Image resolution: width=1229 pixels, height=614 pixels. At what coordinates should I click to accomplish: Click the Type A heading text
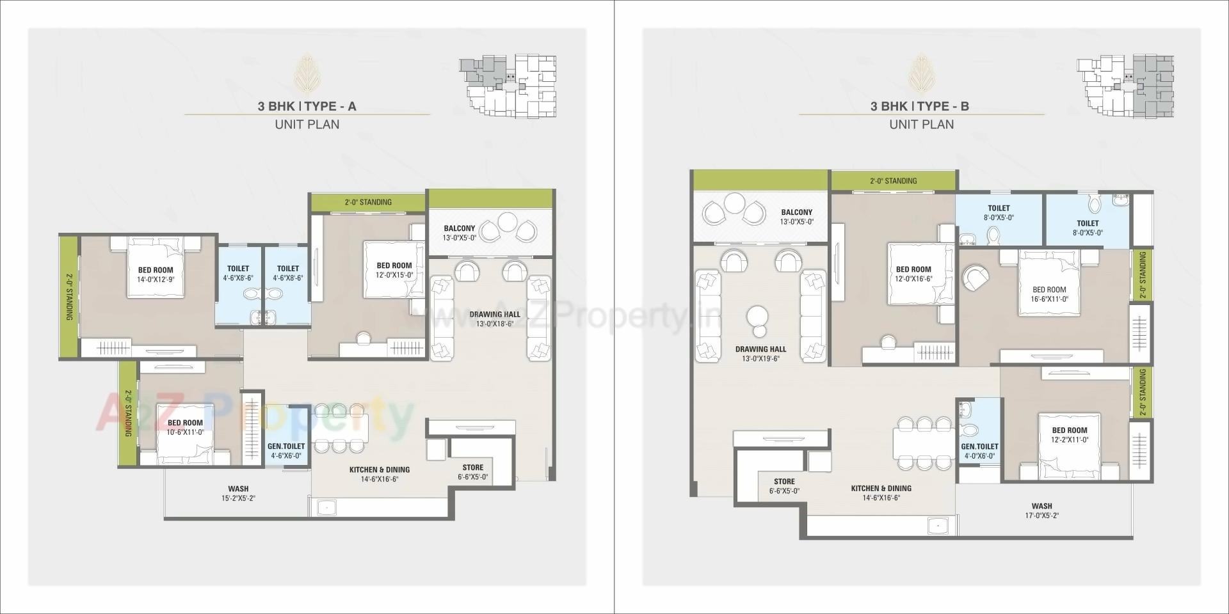(307, 106)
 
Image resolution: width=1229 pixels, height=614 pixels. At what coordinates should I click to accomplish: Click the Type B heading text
(919, 106)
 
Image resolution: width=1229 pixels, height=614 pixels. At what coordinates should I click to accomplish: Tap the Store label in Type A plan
(473, 468)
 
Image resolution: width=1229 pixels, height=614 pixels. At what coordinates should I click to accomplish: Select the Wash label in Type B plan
(1041, 506)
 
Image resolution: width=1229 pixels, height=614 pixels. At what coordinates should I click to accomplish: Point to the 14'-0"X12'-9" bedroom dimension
(156, 279)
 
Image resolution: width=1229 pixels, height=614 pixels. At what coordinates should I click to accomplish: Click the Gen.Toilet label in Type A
(286, 446)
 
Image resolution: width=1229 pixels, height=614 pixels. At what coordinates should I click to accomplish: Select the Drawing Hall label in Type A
(495, 314)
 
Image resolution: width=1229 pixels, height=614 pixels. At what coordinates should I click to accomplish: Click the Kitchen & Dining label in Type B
(881, 488)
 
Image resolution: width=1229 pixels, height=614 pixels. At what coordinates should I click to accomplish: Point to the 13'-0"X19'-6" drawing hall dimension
(760, 359)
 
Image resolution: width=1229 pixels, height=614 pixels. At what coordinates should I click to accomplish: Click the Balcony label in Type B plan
(796, 212)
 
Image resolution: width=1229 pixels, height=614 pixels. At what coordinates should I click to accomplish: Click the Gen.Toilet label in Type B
(979, 447)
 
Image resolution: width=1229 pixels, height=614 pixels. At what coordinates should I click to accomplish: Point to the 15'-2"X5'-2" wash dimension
(237, 498)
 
